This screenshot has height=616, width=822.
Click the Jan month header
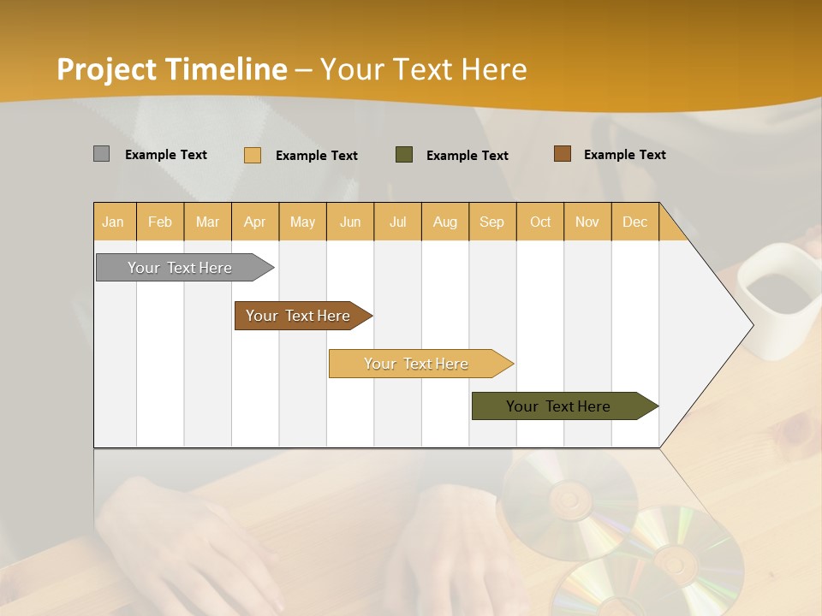[x=113, y=222]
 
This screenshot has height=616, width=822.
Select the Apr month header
[x=254, y=222]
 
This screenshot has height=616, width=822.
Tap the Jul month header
[x=397, y=222]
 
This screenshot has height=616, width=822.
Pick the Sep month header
[x=491, y=222]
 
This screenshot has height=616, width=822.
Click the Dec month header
[x=634, y=222]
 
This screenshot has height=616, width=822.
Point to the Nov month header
[x=587, y=222]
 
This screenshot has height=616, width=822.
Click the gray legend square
[x=101, y=154]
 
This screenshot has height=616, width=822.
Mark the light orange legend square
[x=253, y=155]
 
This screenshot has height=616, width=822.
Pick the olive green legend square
[x=404, y=155]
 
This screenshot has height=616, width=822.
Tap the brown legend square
[x=562, y=154]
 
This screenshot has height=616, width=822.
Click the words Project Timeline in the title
[x=171, y=69]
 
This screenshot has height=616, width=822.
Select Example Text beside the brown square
[x=624, y=155]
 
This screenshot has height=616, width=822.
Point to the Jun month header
[x=350, y=222]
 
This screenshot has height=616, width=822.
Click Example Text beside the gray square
[x=166, y=155]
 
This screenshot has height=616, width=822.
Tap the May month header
[x=302, y=222]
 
